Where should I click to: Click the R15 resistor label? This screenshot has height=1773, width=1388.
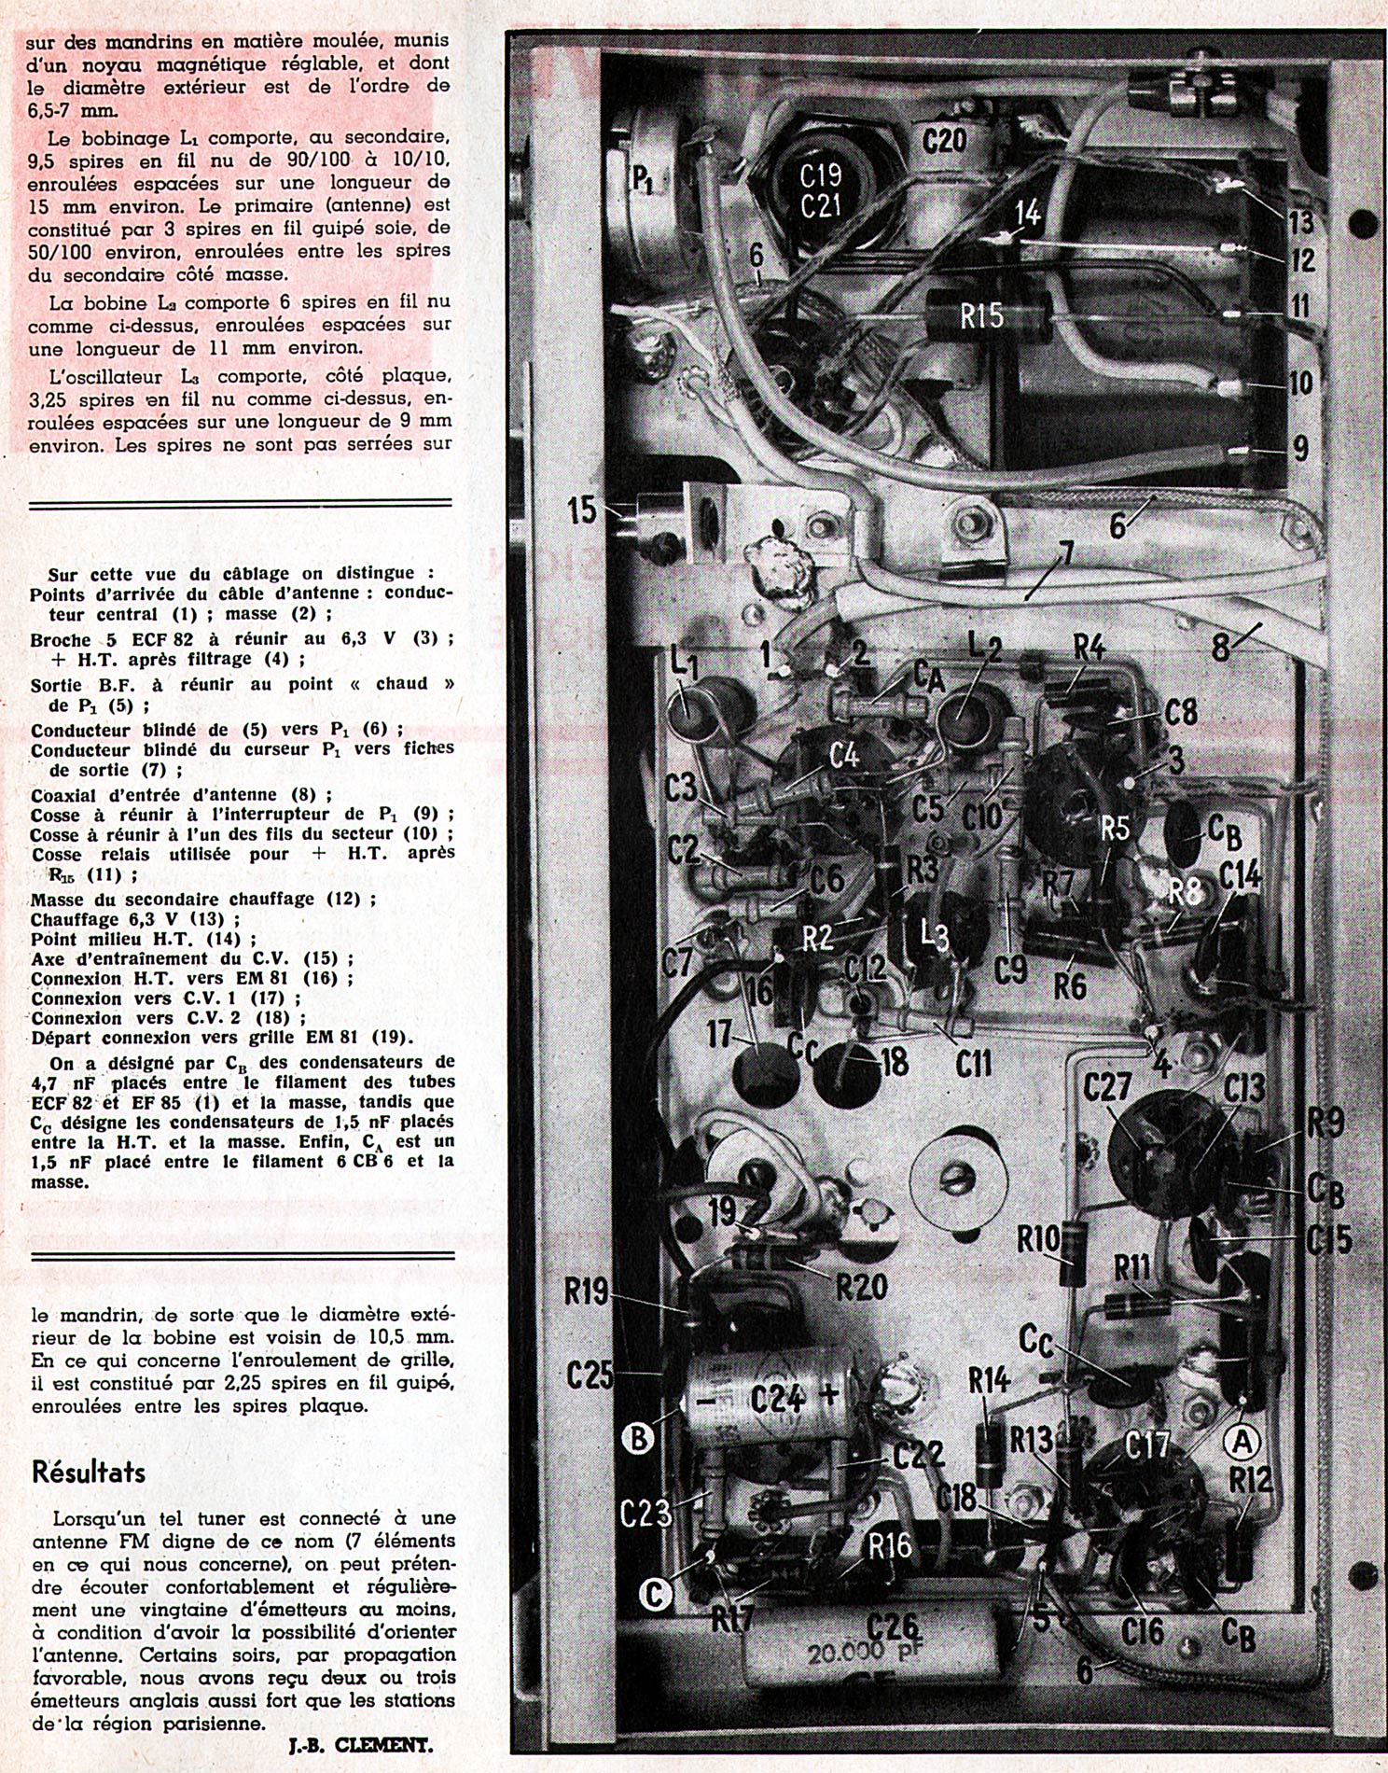[x=982, y=315]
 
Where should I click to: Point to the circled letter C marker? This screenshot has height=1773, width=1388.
[x=654, y=1594]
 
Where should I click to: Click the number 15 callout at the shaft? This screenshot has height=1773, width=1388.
[x=581, y=510]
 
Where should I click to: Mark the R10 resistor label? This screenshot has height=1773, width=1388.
[x=1038, y=1240]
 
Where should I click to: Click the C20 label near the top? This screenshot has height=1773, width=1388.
[x=944, y=141]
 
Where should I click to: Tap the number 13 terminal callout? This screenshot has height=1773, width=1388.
[x=1300, y=221]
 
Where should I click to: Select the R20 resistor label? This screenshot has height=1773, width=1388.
[x=861, y=1288]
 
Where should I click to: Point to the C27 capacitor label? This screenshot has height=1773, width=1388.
[x=1107, y=1087]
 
